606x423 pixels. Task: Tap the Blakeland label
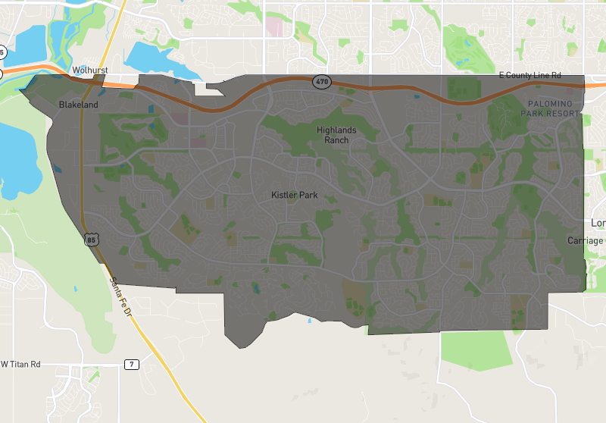(79, 105)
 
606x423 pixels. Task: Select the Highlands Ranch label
(336, 135)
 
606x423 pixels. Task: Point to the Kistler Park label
(295, 196)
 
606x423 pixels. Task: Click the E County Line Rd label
(529, 76)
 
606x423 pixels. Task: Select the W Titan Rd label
(20, 364)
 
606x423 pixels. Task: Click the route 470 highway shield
(322, 81)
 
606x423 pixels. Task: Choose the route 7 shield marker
(133, 365)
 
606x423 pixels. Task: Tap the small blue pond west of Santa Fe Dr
(76, 289)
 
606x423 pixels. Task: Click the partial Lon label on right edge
(598, 223)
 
